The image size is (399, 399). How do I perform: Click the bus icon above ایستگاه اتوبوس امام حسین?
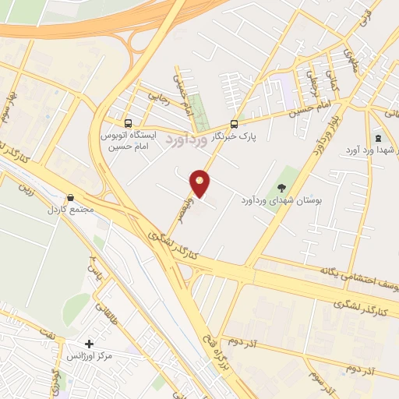129,122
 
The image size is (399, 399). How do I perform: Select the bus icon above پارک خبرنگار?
235,123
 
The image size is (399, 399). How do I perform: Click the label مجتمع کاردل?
69,210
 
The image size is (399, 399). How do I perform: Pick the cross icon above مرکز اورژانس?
90,344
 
